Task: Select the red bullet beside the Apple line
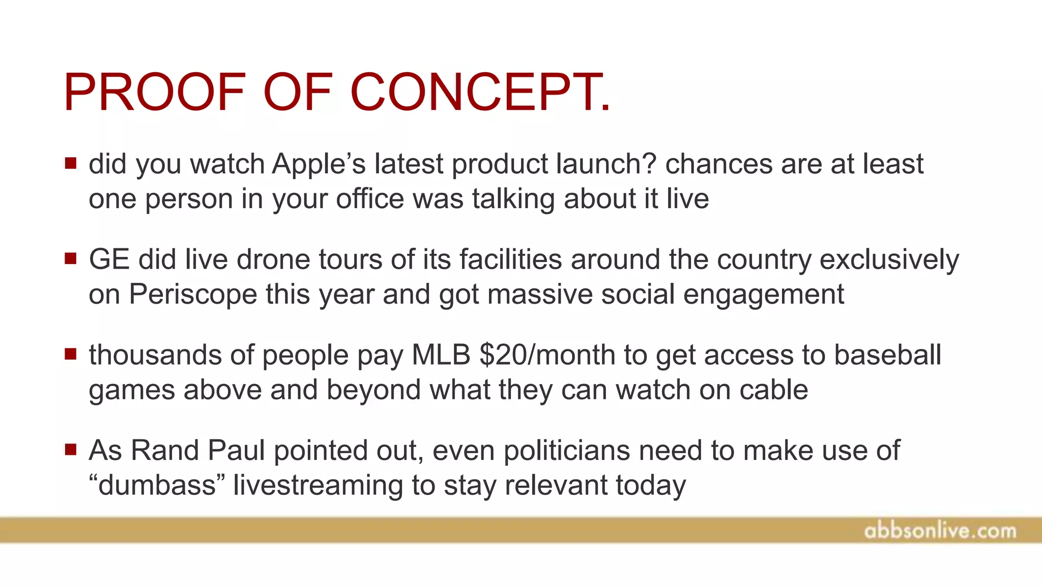tap(71, 163)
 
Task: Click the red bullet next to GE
tap(71, 258)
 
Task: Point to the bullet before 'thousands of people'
tap(71, 354)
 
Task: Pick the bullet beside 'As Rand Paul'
tap(71, 449)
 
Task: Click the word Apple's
tap(319, 164)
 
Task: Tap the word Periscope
tap(193, 294)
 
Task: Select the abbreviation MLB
tap(441, 355)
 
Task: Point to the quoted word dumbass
tap(157, 485)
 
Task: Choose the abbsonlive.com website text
tap(940, 531)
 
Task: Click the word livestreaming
tap(318, 485)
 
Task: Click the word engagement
tap(763, 295)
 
